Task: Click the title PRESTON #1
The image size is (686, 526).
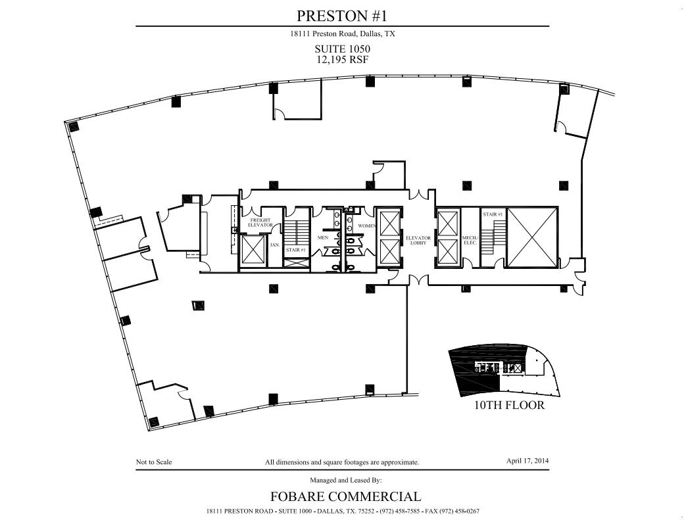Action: (342, 14)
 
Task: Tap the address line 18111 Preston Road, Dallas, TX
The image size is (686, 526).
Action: (342, 34)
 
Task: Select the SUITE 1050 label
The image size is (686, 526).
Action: (342, 49)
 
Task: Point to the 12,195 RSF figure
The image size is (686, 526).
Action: (342, 59)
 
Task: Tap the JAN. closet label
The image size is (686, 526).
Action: (275, 245)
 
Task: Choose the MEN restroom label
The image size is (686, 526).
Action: (323, 237)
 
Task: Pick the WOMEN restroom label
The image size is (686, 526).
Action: (366, 226)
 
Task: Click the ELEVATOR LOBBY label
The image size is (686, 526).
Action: (418, 240)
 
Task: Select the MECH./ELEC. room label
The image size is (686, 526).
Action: (470, 240)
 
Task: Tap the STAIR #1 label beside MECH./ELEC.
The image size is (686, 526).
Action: (493, 214)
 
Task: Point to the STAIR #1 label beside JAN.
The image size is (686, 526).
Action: (295, 250)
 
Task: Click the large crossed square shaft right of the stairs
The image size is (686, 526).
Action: (533, 237)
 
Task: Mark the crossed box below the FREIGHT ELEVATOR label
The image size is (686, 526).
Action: (253, 249)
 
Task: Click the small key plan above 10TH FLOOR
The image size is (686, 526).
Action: (504, 370)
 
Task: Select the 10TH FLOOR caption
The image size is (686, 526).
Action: (509, 405)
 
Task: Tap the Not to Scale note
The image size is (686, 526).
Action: (154, 462)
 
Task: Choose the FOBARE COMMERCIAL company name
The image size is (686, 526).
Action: (345, 496)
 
